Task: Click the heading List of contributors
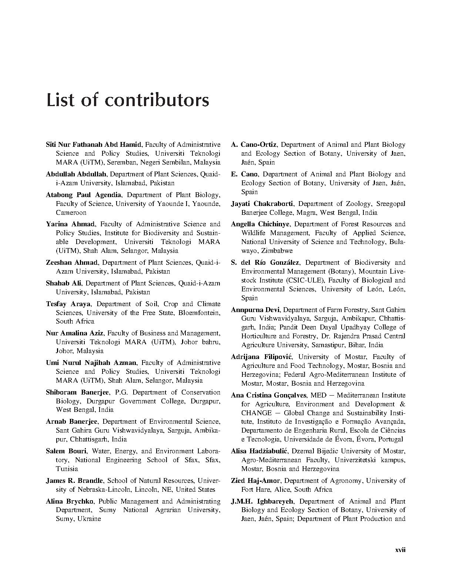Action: click(127, 101)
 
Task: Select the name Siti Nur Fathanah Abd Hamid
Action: click(94, 145)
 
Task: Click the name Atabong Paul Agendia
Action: click(83, 195)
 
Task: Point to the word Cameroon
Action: click(71, 213)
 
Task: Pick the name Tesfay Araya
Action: click(69, 304)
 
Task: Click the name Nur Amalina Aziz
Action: click(74, 333)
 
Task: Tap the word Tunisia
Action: click(67, 469)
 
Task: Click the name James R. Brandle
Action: click(74, 481)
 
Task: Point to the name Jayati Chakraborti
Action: click(262, 204)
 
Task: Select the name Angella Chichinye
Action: click(260, 224)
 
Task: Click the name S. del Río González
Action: click(265, 263)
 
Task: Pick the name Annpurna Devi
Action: click(255, 310)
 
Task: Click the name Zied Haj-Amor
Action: click(256, 481)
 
